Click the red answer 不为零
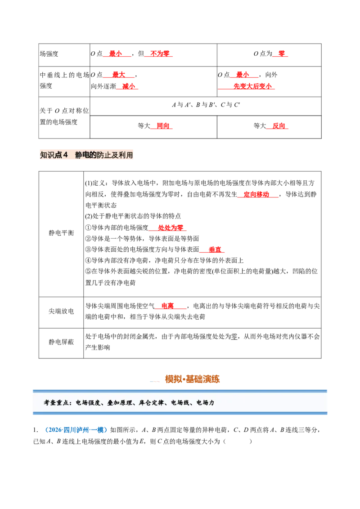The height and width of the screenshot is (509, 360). [x=160, y=54]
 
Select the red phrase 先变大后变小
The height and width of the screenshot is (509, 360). [x=252, y=86]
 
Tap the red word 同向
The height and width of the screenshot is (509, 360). [x=163, y=125]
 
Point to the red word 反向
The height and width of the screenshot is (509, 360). [x=279, y=125]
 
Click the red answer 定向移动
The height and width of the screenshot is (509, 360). [x=256, y=194]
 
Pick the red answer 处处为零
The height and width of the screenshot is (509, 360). [x=171, y=228]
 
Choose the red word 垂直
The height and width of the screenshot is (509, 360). [x=215, y=249]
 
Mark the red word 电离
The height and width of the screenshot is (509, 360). [x=168, y=306]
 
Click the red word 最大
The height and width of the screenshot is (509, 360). [x=119, y=75]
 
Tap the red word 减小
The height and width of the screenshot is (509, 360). [x=128, y=86]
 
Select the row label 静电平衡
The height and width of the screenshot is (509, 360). [x=61, y=233]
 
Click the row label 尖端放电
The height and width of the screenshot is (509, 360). [x=61, y=311]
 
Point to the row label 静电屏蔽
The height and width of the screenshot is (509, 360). [x=61, y=342]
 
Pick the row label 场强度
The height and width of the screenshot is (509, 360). [x=49, y=54]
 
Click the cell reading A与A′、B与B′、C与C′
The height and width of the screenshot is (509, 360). [x=206, y=104]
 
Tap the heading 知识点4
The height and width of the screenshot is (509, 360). [x=54, y=155]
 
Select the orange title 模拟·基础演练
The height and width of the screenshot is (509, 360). [x=192, y=379]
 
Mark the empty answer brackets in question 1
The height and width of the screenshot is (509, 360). [x=238, y=441]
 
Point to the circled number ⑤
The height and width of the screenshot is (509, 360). [x=88, y=271]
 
